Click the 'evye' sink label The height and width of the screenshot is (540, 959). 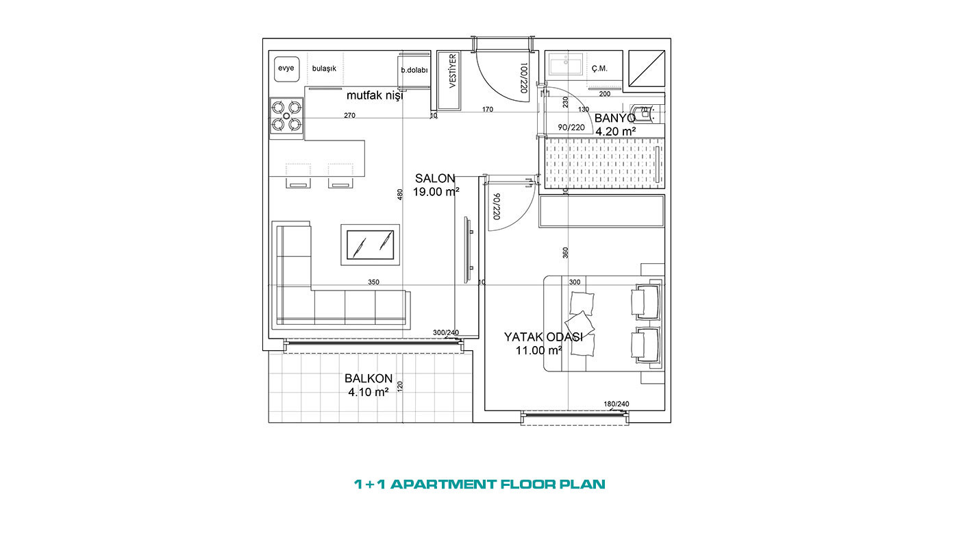tap(286, 68)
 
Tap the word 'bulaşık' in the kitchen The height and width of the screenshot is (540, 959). tap(324, 69)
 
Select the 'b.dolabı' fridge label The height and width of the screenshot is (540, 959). tap(414, 70)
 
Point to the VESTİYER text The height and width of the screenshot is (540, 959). tap(453, 71)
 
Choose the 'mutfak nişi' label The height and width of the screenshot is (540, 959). tap(375, 95)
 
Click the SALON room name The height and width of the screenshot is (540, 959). tap(435, 179)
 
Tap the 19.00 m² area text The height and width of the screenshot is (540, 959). tap(436, 192)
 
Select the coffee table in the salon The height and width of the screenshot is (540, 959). tap(371, 245)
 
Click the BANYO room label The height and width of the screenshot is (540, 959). tap(615, 118)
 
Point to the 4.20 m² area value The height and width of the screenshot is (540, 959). tap(616, 132)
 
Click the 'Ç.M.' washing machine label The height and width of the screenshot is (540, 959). tap(599, 69)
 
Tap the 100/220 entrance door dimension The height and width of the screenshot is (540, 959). tap(523, 78)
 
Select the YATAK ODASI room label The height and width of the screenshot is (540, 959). tap(543, 337)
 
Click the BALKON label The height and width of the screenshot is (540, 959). tap(369, 378)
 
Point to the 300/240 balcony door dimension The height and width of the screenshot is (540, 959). tap(446, 333)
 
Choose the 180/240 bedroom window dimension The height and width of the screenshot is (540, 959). tap(616, 404)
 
